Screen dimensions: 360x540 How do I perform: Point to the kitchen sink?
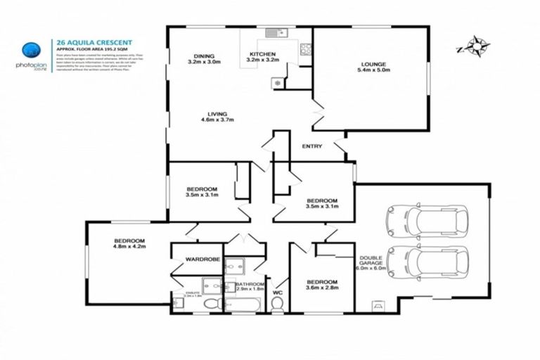(274, 33)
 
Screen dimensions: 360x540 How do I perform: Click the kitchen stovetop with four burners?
(306, 50)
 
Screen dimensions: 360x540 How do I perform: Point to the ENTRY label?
(311, 146)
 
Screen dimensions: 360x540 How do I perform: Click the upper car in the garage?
(426, 220)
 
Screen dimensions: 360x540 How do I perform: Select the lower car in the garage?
(426, 262)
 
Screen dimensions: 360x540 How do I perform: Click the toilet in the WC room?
(277, 302)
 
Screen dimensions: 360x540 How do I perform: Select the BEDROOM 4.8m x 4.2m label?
(129, 244)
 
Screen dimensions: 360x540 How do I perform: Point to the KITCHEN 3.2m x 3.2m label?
(262, 57)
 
